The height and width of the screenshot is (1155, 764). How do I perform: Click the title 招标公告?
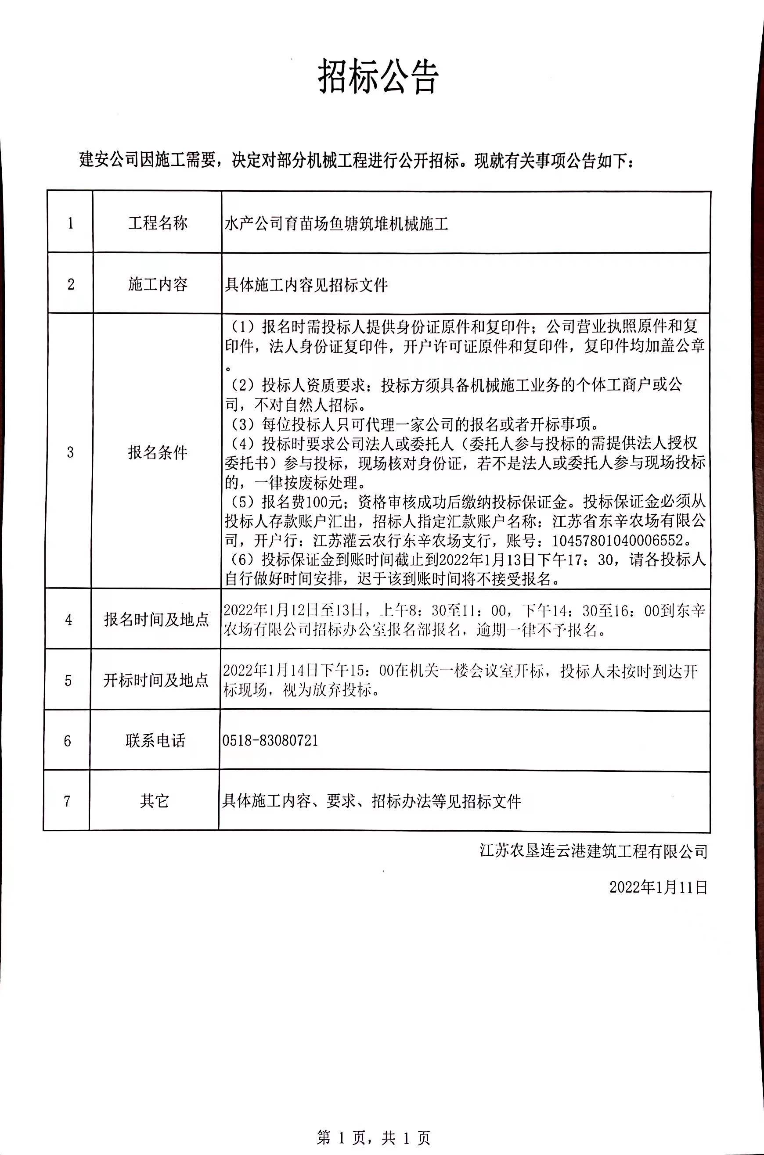click(378, 77)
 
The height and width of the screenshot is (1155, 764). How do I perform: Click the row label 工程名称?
click(157, 223)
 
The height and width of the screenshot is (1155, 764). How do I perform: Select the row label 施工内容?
click(157, 284)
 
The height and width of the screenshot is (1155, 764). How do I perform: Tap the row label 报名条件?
click(157, 452)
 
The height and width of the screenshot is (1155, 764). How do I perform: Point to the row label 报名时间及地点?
click(156, 619)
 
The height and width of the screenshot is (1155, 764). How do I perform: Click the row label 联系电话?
click(155, 741)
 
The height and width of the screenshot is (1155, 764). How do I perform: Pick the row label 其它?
click(155, 801)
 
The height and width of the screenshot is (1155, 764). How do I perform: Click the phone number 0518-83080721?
click(270, 741)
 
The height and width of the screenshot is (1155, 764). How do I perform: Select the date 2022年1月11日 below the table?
click(658, 887)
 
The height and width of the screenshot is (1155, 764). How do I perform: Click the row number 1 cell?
click(70, 223)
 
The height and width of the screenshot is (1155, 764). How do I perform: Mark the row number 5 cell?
click(68, 680)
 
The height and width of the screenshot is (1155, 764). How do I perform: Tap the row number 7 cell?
click(67, 801)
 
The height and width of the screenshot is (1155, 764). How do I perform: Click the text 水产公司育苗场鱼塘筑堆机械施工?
click(336, 224)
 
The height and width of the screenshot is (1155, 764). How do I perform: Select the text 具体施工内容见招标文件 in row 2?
click(306, 285)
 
